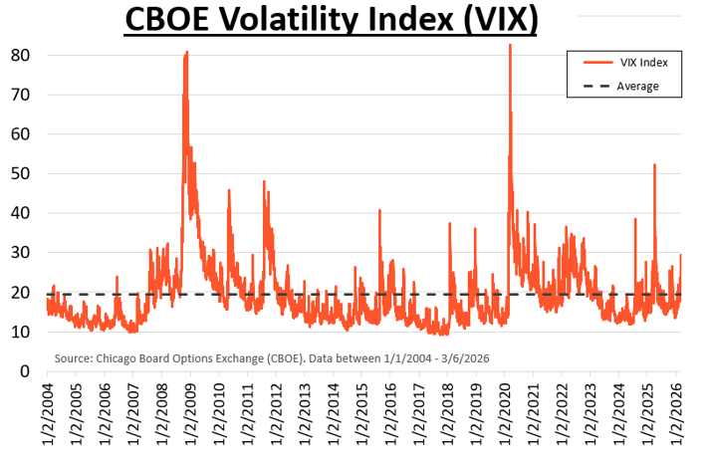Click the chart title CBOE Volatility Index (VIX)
click(x=330, y=20)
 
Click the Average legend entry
click(x=637, y=86)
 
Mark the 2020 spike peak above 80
click(x=510, y=45)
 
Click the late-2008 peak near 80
click(x=186, y=53)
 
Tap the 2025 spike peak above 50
click(x=654, y=165)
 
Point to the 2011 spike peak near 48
click(x=264, y=182)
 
